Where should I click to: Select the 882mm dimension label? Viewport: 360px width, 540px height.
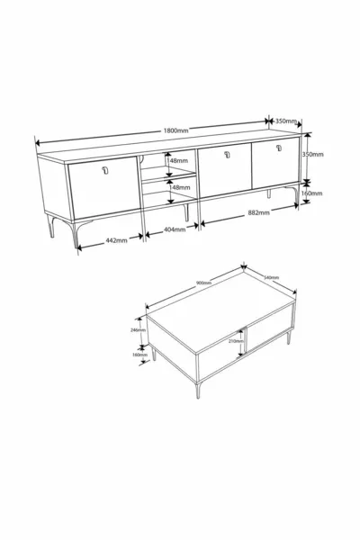coord(259,213)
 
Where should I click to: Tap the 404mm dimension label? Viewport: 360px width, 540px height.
coord(174,229)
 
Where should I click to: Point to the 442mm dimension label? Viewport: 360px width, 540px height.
coord(116,240)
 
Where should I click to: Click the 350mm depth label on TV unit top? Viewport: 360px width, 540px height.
coord(286,121)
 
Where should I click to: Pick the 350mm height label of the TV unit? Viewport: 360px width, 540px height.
coord(312,154)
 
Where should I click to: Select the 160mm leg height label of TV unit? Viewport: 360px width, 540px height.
coord(312,192)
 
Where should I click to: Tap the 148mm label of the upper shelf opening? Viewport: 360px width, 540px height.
coord(179,162)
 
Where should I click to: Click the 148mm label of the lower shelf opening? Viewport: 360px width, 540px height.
coord(180,188)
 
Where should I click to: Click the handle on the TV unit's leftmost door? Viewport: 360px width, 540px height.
coord(104,171)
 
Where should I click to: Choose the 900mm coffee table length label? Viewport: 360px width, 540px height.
coord(203,283)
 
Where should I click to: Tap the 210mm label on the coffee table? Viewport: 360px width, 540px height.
coord(236,341)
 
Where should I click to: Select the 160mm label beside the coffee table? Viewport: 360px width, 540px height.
coord(139,355)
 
